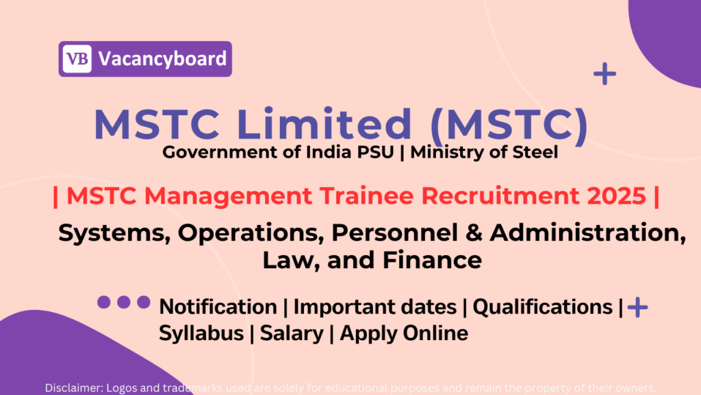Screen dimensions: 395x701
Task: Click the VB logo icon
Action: (77, 59)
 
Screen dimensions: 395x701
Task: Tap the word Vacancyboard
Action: (162, 59)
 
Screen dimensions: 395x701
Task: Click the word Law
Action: (283, 260)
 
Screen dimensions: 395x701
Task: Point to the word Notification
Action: (218, 307)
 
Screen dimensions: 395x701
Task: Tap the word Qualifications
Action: (544, 307)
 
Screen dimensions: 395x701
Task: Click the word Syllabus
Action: (201, 333)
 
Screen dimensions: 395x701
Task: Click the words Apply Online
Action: (404, 333)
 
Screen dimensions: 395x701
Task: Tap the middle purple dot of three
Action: (124, 302)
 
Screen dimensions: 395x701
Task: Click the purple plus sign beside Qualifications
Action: (637, 307)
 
